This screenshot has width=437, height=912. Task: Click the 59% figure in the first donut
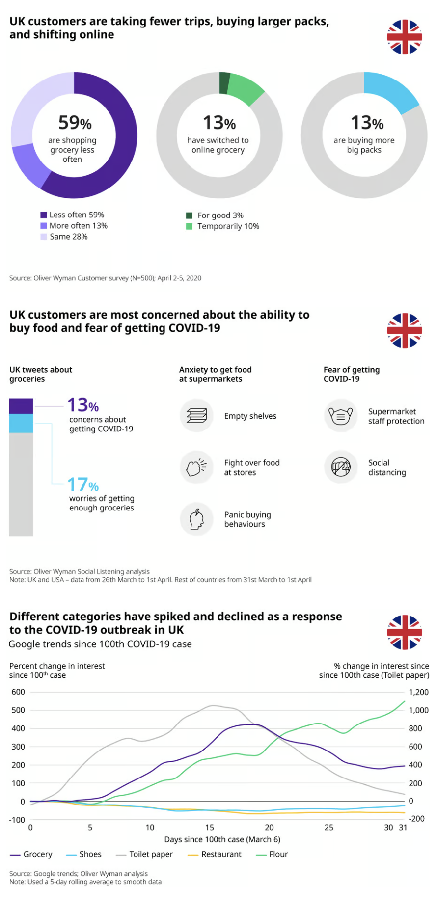[x=75, y=122]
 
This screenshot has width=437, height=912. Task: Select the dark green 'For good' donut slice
[x=224, y=82]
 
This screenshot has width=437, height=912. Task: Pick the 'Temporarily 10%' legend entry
[x=223, y=226]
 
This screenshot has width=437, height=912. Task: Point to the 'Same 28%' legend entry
[x=64, y=237]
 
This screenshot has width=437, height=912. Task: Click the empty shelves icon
[x=196, y=416]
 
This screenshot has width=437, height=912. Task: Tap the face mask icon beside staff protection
[x=341, y=416]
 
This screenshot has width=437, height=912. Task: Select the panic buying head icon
[x=196, y=519]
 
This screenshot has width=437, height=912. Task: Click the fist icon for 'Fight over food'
[x=196, y=467]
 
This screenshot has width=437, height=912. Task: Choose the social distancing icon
[x=341, y=467]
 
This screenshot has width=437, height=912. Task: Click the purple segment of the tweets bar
[x=21, y=406]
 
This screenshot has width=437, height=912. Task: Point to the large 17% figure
[x=82, y=485]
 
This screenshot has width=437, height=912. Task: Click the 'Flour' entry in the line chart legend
[x=273, y=854]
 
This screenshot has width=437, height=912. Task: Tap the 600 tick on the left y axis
[x=18, y=692]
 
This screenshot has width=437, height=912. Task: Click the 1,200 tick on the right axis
[x=418, y=692]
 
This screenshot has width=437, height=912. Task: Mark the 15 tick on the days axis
[x=210, y=827]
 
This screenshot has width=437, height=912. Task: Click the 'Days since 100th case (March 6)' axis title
[x=222, y=839]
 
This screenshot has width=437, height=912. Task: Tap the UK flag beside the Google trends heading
[x=404, y=632]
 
